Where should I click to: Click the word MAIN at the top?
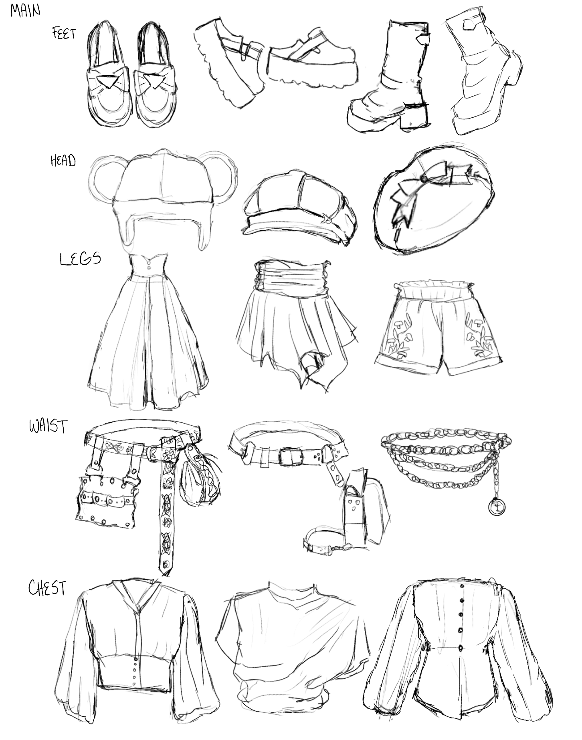point(25,10)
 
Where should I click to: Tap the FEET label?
point(64,33)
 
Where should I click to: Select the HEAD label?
point(63,161)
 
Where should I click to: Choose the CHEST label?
point(47,588)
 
